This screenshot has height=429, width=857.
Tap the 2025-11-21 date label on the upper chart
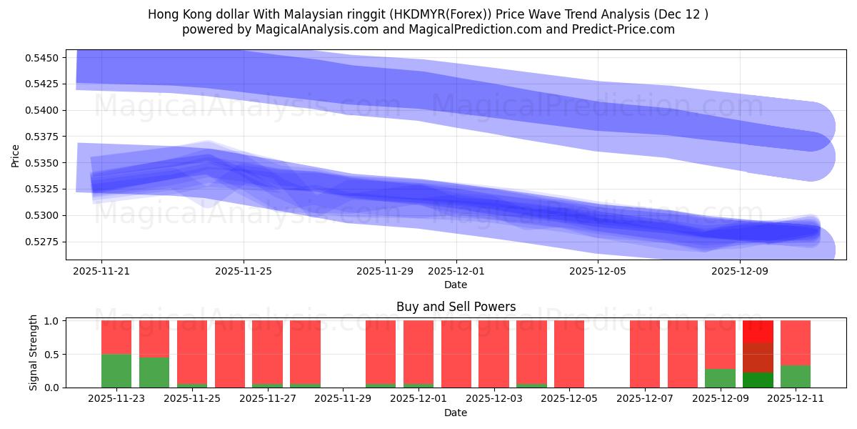click(x=101, y=272)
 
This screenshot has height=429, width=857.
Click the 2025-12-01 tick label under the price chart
click(x=456, y=272)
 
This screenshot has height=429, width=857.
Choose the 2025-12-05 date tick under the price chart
click(x=597, y=272)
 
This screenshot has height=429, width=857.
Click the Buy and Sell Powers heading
click(x=456, y=307)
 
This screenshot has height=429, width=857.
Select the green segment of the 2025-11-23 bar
click(x=116, y=370)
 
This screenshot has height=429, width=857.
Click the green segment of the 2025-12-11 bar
click(x=795, y=376)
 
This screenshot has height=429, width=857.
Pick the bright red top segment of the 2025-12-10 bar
click(x=758, y=331)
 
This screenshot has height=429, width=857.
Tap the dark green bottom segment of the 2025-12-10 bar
click(x=758, y=380)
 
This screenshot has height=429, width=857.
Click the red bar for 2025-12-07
click(x=645, y=354)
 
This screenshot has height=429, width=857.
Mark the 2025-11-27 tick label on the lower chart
click(x=268, y=398)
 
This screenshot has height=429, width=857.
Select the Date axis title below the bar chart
click(x=456, y=413)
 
